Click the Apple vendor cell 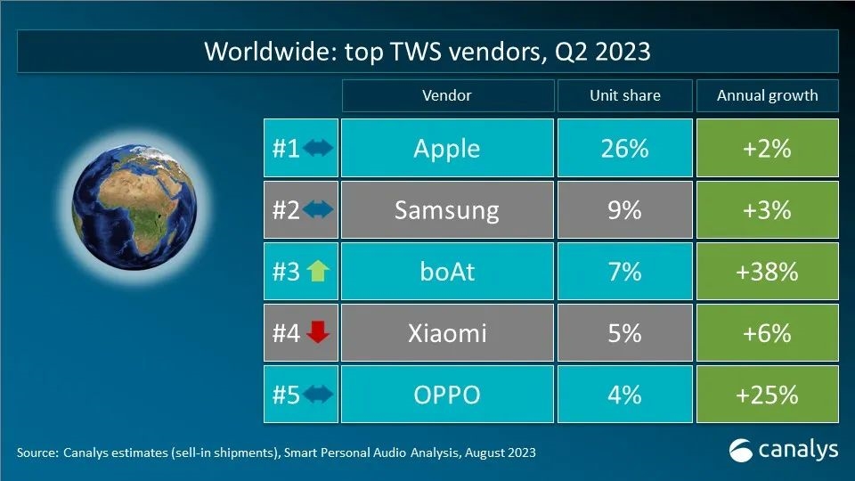coord(446,148)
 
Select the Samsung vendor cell coord(446,210)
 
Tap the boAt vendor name coord(446,271)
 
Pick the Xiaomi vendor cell coord(446,333)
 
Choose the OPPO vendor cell coord(446,394)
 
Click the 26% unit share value coord(623,148)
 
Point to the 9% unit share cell coord(623,210)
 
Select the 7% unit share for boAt coord(623,271)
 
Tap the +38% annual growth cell coord(767,271)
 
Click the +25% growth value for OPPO coord(767,394)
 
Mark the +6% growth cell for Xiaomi coord(767,333)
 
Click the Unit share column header coord(624,95)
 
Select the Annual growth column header coord(767,95)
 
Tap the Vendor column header coord(446,95)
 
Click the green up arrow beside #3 coord(318,272)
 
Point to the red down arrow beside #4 coord(318,333)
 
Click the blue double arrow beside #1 coord(318,148)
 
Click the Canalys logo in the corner coord(783,449)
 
